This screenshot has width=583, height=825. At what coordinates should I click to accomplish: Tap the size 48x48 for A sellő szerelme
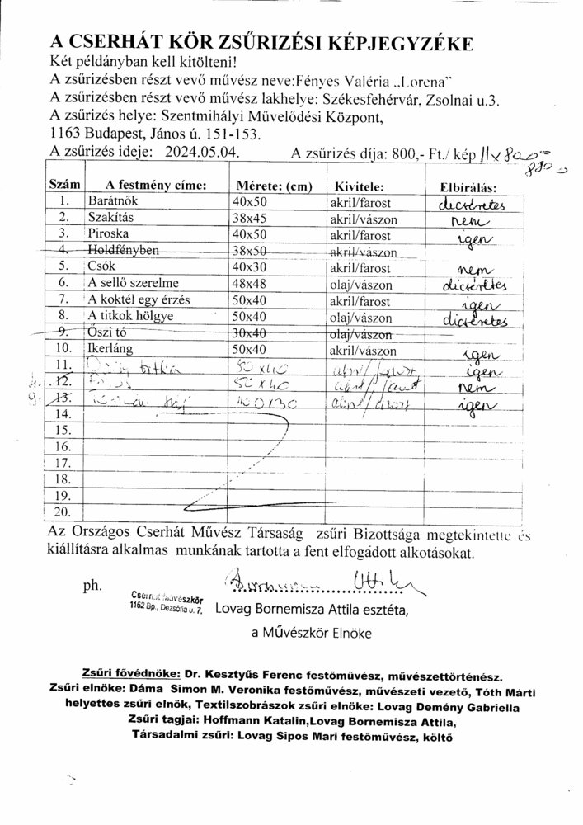click(x=250, y=285)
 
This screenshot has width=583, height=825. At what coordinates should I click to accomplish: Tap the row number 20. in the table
click(x=62, y=511)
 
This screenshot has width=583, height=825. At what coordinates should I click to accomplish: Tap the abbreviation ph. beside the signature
click(x=92, y=587)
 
